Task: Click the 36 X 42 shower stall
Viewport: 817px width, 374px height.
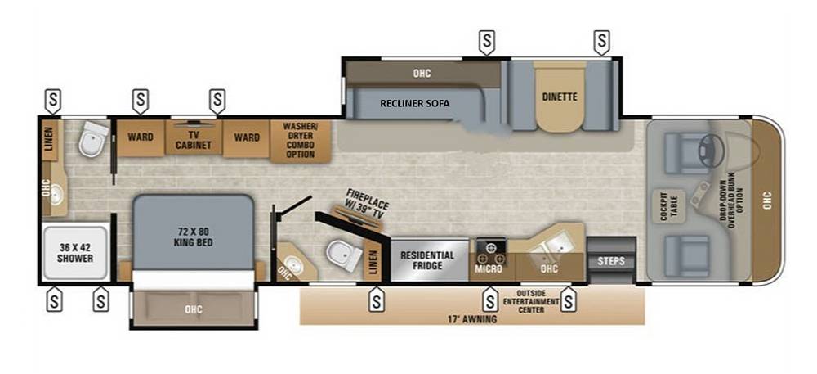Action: (x=75, y=252)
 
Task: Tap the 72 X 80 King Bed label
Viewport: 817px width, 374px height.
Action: (x=193, y=237)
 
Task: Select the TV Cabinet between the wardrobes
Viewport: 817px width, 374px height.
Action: (x=194, y=137)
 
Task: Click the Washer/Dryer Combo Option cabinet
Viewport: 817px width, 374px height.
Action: (x=300, y=140)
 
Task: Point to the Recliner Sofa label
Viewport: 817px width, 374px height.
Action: (x=415, y=103)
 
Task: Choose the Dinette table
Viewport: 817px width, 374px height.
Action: (x=560, y=97)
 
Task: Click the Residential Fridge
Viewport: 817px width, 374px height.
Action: (x=430, y=260)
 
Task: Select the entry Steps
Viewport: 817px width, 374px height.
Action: (x=611, y=260)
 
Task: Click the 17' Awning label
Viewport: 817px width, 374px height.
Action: (x=473, y=319)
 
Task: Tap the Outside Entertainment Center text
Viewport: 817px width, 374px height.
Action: (x=531, y=301)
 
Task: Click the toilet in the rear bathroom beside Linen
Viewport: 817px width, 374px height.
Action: (x=94, y=138)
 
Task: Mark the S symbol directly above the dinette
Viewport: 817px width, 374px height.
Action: (x=602, y=41)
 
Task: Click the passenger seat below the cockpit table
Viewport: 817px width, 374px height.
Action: (x=687, y=255)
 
